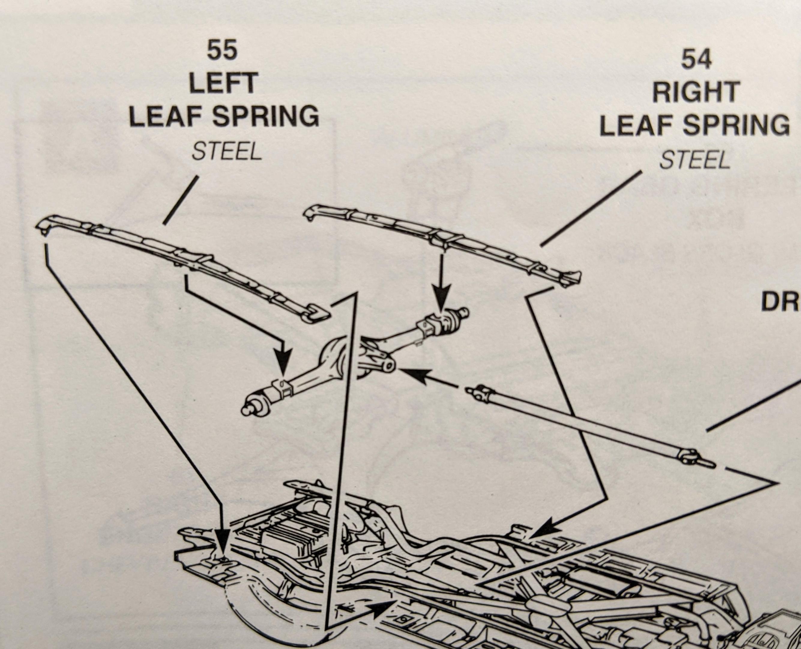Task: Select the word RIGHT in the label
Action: point(696,92)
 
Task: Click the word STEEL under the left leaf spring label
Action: point(226,152)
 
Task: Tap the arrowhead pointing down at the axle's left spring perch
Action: point(283,361)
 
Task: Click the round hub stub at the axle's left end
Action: point(248,409)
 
